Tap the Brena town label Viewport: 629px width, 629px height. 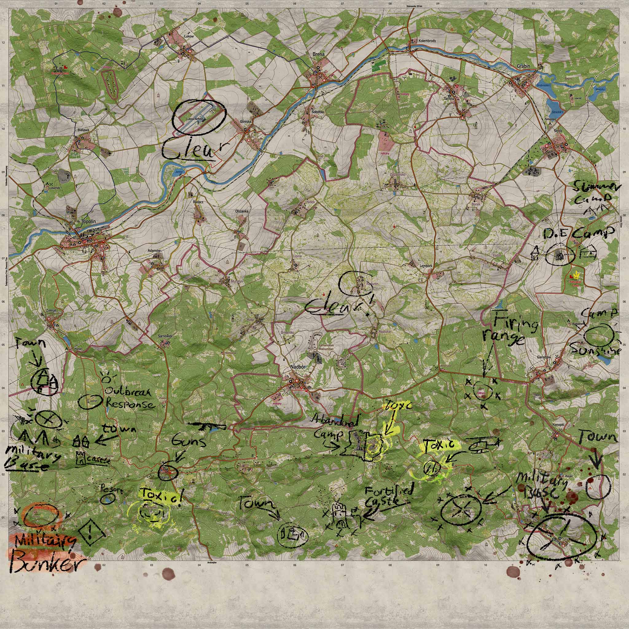pyautogui.click(x=318, y=54)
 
